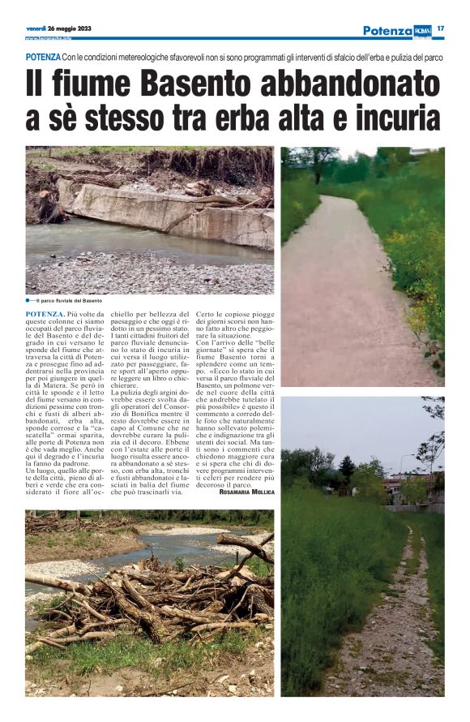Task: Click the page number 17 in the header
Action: (x=441, y=29)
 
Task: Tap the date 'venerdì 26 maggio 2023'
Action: (x=58, y=28)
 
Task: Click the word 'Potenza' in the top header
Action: (x=387, y=31)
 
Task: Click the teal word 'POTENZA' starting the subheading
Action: (x=43, y=58)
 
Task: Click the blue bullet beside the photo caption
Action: (x=28, y=301)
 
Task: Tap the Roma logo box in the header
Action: (x=422, y=31)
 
